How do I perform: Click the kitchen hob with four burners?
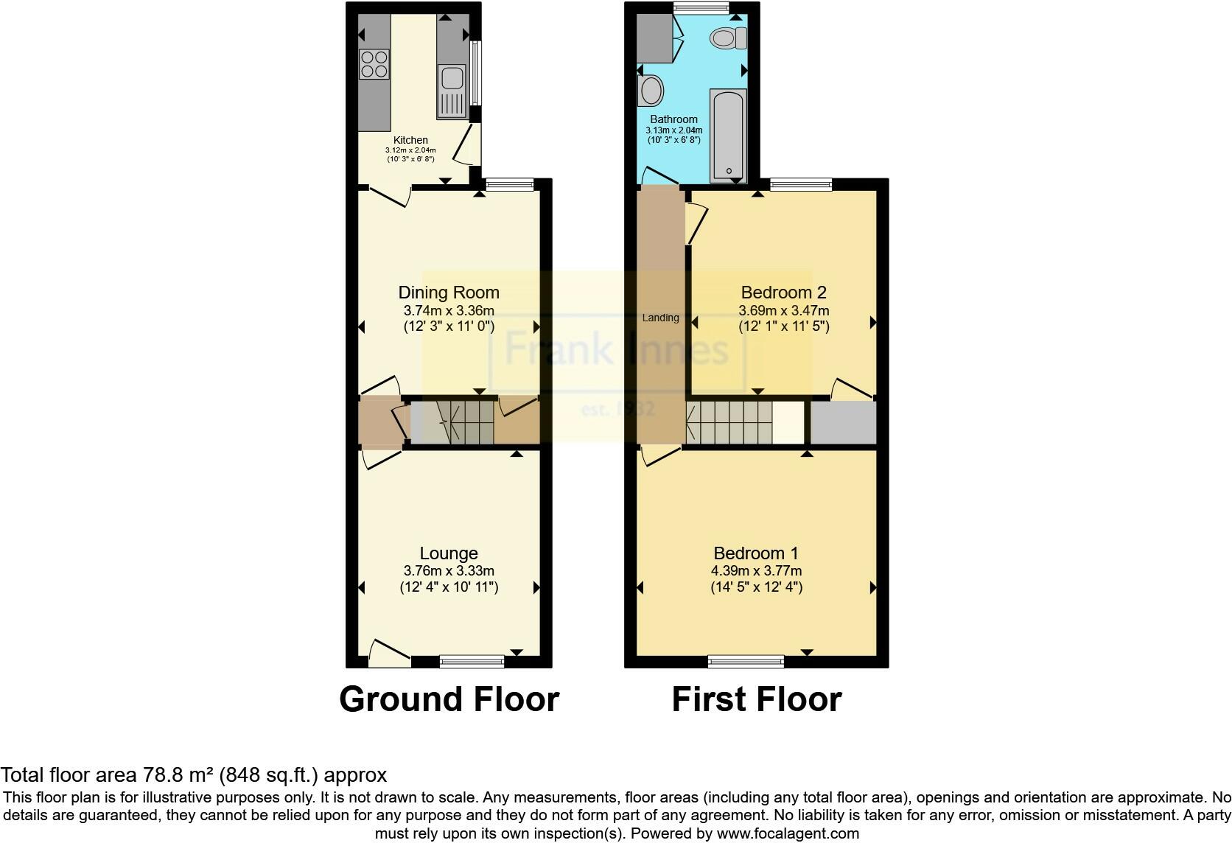tap(374, 63)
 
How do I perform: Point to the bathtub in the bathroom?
tap(728, 136)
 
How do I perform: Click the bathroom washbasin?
tap(651, 91)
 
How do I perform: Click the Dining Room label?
tap(448, 293)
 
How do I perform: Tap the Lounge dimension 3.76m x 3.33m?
tap(448, 570)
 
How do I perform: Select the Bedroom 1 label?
tap(755, 553)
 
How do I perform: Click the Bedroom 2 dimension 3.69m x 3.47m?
tap(783, 310)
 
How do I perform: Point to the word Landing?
tap(660, 318)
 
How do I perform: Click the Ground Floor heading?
tap(449, 699)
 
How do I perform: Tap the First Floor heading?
tap(756, 699)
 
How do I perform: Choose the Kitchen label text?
tap(410, 140)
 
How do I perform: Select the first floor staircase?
tap(729, 423)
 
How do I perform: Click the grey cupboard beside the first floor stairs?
tap(843, 423)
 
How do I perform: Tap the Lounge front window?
tap(472, 662)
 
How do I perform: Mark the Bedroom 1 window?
tap(746, 662)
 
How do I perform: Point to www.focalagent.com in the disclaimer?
tap(788, 834)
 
